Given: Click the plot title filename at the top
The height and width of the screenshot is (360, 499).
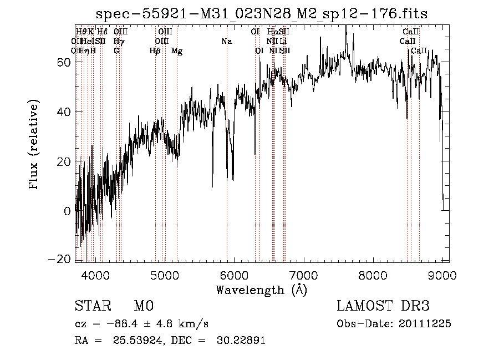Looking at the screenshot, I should click(x=262, y=14).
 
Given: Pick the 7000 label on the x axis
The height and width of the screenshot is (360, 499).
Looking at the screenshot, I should click(x=303, y=275).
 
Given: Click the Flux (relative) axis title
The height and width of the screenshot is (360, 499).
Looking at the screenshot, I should click(x=34, y=145).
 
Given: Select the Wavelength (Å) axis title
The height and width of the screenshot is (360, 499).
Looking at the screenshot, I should click(x=261, y=290).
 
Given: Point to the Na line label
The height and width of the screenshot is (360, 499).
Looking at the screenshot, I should click(x=226, y=42).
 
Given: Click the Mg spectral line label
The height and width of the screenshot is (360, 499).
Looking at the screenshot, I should click(x=177, y=51).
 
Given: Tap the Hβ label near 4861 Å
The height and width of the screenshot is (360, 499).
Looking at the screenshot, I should click(x=155, y=51).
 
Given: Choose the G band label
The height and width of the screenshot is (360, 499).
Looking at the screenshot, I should click(x=116, y=51).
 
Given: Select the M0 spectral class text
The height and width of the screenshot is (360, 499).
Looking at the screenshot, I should click(x=143, y=307).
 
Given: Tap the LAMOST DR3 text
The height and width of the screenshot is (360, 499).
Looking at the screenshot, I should click(x=383, y=307).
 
